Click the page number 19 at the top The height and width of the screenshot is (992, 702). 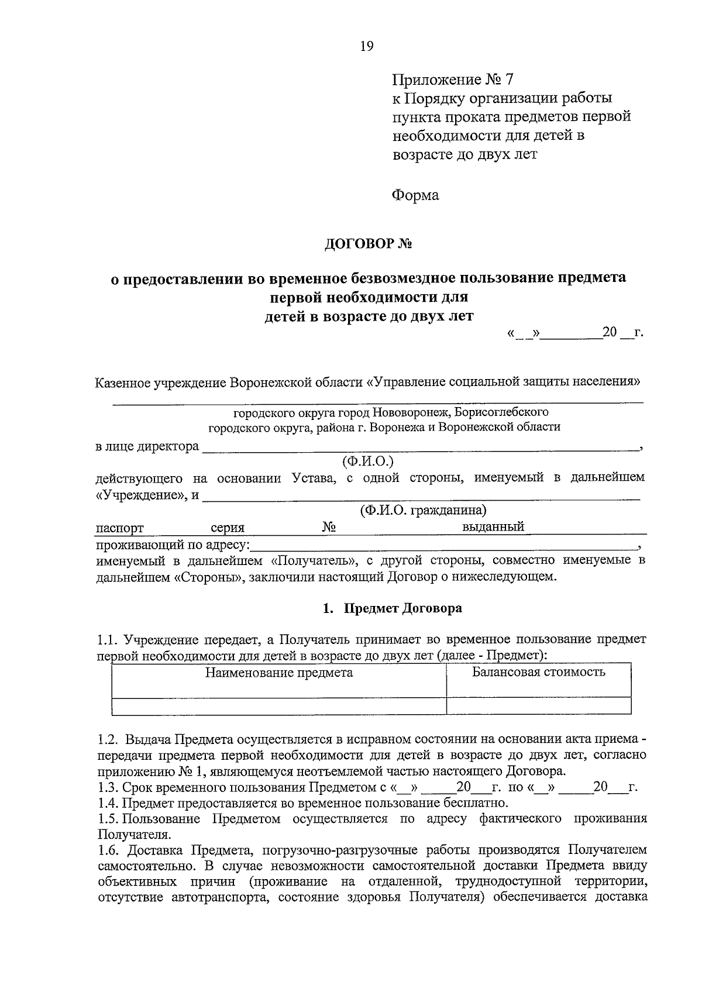point(367,46)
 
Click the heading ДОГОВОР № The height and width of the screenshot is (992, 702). point(369,243)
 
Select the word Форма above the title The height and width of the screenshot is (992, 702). point(415,195)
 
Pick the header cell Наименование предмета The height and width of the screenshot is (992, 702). point(278,672)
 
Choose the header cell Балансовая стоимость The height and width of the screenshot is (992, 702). point(538,671)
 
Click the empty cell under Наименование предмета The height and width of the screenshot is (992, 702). point(278,706)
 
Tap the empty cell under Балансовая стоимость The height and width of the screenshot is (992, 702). point(538,706)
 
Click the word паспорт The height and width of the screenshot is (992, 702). point(120,528)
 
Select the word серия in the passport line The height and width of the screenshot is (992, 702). point(228,528)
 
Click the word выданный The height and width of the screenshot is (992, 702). point(493,526)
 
